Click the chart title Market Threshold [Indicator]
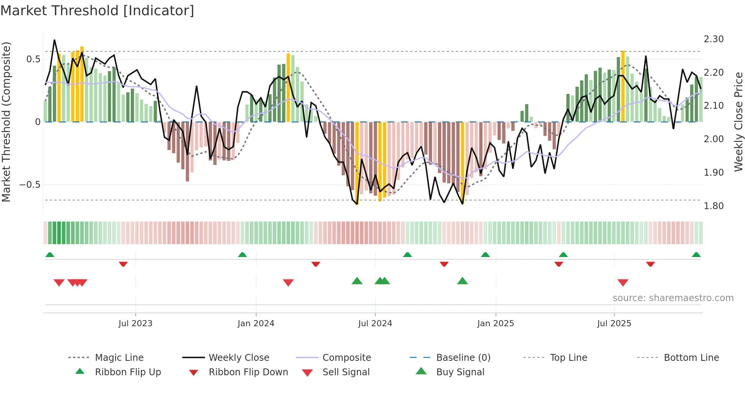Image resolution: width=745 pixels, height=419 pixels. click(97, 11)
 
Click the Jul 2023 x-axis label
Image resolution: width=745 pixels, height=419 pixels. click(135, 324)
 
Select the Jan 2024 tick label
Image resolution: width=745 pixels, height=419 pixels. click(256, 324)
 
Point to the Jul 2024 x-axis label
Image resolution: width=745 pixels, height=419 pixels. click(375, 324)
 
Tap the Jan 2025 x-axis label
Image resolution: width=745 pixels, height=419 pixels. click(496, 324)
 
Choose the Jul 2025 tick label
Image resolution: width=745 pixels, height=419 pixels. click(614, 324)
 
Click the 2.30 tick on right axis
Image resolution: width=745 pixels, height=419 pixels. click(714, 39)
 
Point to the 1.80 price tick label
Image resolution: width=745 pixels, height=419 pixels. click(714, 206)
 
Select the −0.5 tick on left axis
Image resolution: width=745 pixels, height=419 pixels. click(30, 185)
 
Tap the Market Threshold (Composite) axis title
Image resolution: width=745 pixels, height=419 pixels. click(6, 122)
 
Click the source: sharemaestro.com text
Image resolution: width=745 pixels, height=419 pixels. click(673, 298)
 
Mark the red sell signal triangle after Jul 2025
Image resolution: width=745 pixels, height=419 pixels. click(623, 283)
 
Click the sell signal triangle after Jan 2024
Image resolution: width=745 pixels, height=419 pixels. click(288, 283)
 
